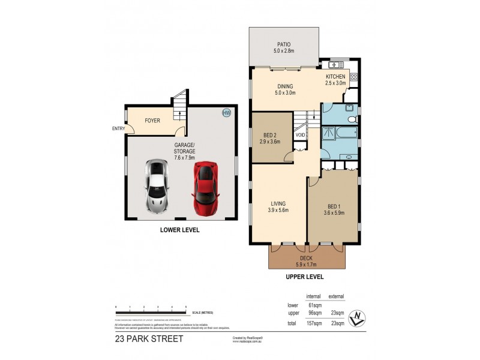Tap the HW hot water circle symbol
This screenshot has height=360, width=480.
[x=226, y=113]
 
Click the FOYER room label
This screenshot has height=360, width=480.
[x=152, y=121]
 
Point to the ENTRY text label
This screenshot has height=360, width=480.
[x=118, y=128]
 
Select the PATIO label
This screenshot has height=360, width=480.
[x=284, y=44]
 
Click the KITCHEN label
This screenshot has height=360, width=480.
[x=335, y=77]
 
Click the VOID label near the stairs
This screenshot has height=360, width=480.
[x=300, y=135]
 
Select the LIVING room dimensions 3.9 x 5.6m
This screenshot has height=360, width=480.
[x=278, y=210]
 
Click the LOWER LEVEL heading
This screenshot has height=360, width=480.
[x=179, y=230]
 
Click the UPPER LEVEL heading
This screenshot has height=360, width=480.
[x=304, y=277]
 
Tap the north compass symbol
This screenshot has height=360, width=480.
[x=358, y=318]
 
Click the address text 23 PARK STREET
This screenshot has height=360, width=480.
[x=149, y=338]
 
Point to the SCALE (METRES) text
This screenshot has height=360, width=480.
[x=203, y=313]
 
